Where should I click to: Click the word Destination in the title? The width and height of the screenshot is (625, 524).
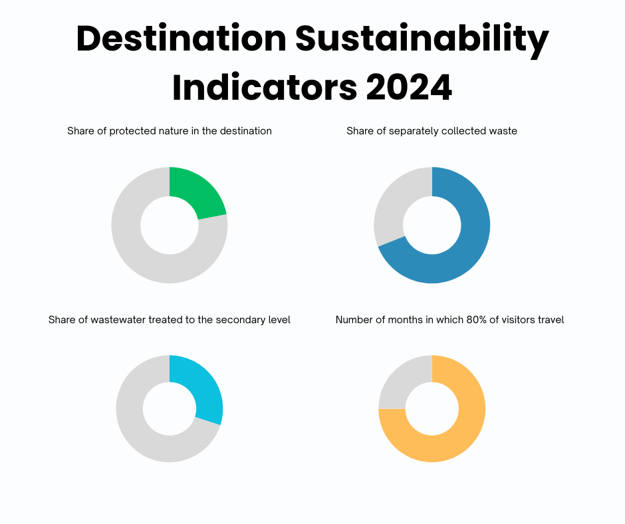coord(181,39)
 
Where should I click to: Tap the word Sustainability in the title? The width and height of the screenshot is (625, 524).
coord(422,40)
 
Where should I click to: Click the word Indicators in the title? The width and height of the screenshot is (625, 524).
coord(264,88)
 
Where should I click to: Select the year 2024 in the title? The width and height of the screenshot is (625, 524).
coord(409,88)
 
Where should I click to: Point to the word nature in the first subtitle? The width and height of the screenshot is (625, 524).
coord(174,131)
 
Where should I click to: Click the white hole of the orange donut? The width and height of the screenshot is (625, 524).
coord(432,409)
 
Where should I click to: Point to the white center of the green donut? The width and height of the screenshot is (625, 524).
coord(170,225)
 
